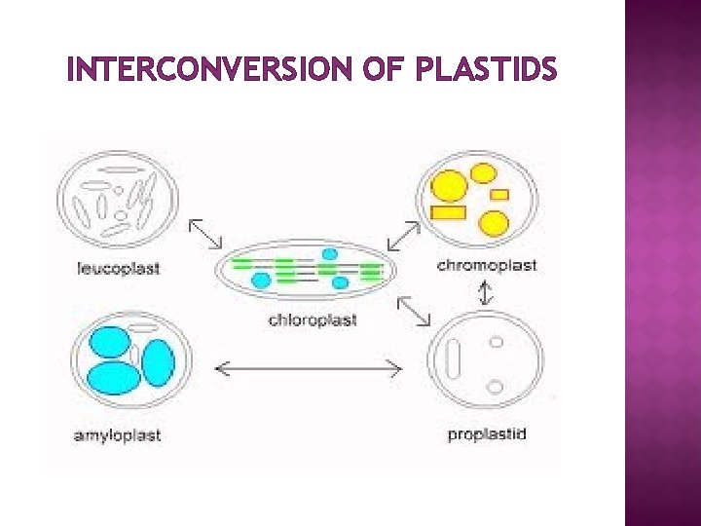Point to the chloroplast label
click(x=313, y=320)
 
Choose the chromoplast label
click(x=487, y=265)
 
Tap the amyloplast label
click(x=117, y=435)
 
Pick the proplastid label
click(x=487, y=433)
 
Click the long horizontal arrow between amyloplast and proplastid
click(x=308, y=367)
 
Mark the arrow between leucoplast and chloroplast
click(x=204, y=234)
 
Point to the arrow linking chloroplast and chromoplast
click(x=403, y=236)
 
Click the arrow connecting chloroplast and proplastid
click(x=414, y=312)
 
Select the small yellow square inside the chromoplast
click(x=499, y=195)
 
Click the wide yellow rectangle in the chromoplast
click(x=448, y=212)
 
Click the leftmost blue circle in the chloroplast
click(x=261, y=280)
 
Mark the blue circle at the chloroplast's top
click(x=330, y=254)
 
